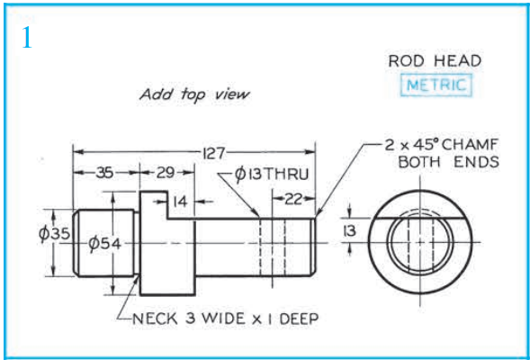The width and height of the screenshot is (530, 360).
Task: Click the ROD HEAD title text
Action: (434, 61)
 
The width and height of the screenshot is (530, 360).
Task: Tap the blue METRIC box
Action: (436, 85)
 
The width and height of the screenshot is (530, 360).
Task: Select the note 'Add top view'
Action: (194, 94)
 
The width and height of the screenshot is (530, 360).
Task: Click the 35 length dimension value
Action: (104, 171)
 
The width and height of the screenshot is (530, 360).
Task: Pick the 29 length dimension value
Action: (165, 171)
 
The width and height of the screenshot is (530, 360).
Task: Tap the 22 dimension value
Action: (293, 198)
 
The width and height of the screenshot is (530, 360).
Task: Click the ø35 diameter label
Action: (54, 234)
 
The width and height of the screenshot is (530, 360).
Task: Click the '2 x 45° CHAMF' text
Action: (442, 145)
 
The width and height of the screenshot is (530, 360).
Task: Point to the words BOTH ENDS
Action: (448, 162)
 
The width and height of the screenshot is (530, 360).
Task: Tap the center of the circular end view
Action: (415, 244)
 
